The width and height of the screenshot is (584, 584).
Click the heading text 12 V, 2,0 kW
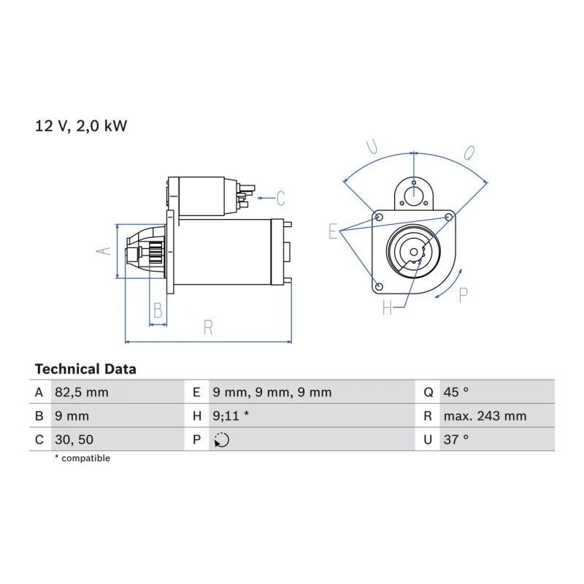pyautogui.click(x=81, y=126)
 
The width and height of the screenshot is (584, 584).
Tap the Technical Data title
pyautogui.click(x=85, y=369)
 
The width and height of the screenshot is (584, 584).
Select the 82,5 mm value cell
pyautogui.click(x=82, y=392)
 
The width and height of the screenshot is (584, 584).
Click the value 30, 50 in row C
pyautogui.click(x=74, y=439)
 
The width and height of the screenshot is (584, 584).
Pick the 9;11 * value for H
pyautogui.click(x=231, y=415)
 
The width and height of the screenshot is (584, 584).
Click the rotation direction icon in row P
pyautogui.click(x=222, y=440)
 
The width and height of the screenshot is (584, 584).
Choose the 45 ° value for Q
pyautogui.click(x=456, y=392)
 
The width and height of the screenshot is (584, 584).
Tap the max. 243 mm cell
pyautogui.click(x=485, y=415)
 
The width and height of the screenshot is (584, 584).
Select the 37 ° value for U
pyautogui.click(x=456, y=439)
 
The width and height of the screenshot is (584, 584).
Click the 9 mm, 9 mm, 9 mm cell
pyautogui.click(x=272, y=392)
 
